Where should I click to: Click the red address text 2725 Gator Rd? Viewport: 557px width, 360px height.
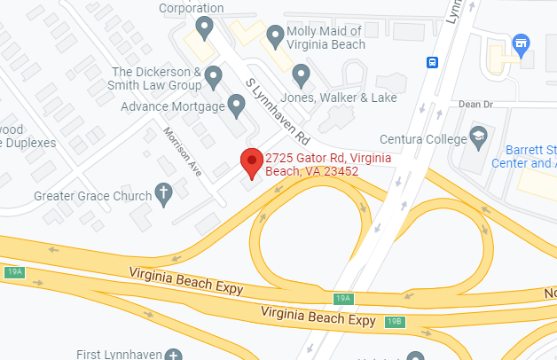(x=316, y=164)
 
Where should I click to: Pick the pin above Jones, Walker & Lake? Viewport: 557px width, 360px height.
(x=301, y=74)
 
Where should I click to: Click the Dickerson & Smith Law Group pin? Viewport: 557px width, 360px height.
(x=213, y=78)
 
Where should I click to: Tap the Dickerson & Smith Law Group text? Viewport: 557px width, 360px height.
(x=155, y=78)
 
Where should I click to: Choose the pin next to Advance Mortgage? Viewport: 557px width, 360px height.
(x=236, y=107)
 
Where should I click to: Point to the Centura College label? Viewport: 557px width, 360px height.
(x=422, y=139)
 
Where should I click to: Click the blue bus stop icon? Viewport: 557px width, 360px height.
(x=432, y=62)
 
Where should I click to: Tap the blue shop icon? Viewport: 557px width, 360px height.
(x=521, y=43)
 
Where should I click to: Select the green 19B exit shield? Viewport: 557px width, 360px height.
(x=396, y=321)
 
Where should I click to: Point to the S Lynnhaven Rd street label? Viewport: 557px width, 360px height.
(x=278, y=109)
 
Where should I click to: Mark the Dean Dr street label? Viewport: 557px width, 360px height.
(x=475, y=104)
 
